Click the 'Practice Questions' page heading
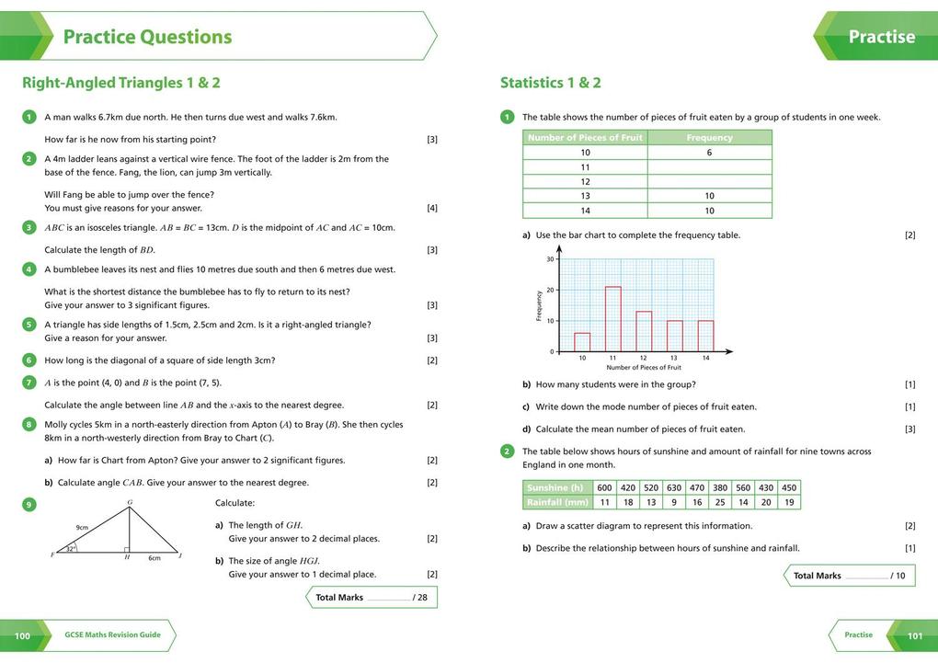pos(147,37)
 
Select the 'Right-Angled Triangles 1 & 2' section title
pos(121,83)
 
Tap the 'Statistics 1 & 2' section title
pos(550,83)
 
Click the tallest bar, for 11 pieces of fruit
pos(613,319)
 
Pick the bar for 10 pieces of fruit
pos(582,342)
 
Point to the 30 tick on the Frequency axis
pos(551,259)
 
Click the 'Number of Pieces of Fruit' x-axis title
pos(644,368)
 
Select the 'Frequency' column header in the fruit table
pos(709,138)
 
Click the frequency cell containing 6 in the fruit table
pos(709,153)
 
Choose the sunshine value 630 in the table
pos(674,488)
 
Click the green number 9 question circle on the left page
pos(29,505)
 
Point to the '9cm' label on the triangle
pos(82,528)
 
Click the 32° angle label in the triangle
pos(70,549)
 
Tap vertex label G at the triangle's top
pos(130,502)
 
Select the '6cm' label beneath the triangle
pos(154,558)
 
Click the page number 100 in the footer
pos(22,635)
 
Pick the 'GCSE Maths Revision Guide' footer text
pos(112,635)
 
